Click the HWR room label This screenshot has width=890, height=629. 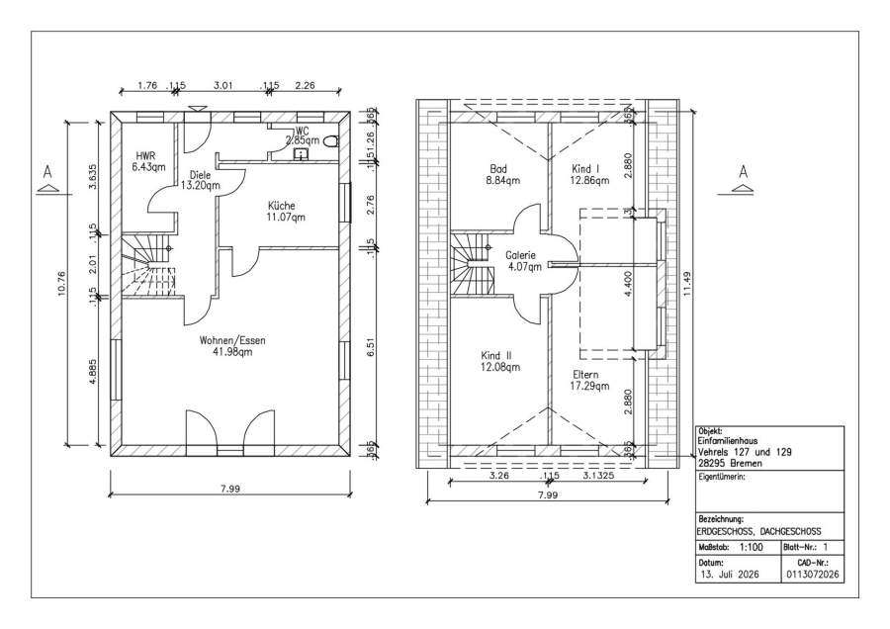(149, 161)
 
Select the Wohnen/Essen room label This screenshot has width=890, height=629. (232, 346)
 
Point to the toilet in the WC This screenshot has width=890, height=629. (329, 141)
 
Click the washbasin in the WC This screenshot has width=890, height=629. (300, 153)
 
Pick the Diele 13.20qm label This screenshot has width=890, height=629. (200, 180)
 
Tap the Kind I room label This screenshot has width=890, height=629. (589, 174)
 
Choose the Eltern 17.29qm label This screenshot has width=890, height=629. (589, 381)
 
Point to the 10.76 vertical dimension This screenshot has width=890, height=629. (62, 283)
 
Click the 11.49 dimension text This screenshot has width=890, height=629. (687, 283)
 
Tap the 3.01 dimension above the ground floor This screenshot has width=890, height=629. (223, 86)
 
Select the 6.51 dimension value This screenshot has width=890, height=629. (371, 347)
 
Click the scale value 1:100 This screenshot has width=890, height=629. (752, 547)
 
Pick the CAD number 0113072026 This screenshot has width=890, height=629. (812, 574)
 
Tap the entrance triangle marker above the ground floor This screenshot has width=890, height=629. (198, 108)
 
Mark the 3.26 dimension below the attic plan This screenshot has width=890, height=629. (499, 475)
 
